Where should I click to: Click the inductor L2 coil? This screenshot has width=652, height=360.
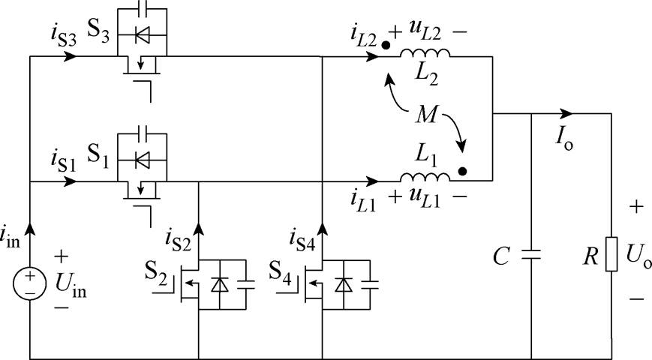pyautogui.click(x=425, y=53)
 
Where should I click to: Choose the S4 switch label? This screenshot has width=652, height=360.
pyautogui.click(x=284, y=269)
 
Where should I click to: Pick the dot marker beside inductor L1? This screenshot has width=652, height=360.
pyautogui.click(x=464, y=171)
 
